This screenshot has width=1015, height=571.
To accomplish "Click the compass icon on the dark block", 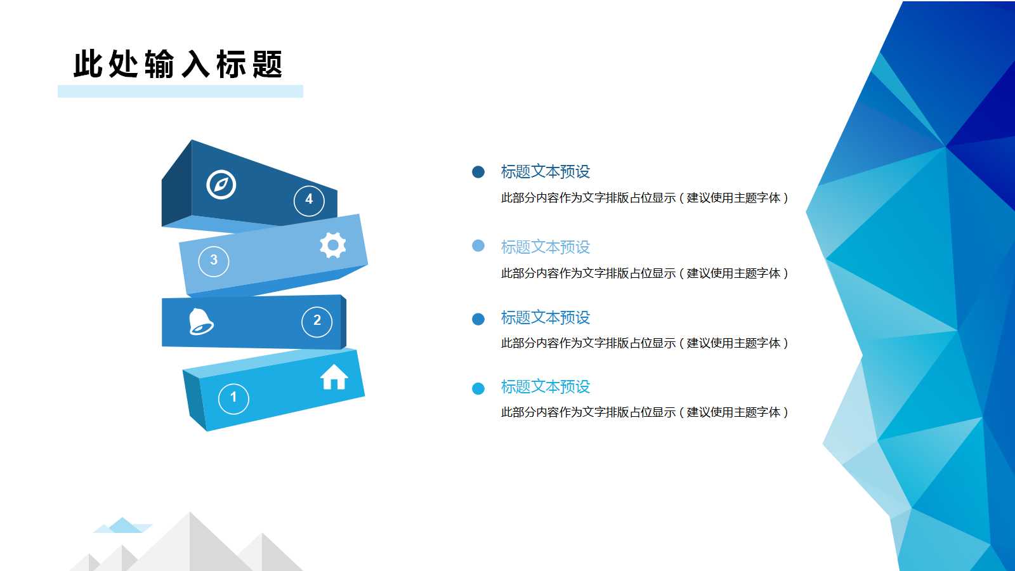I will pyautogui.click(x=221, y=185).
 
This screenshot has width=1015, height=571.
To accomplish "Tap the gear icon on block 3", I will pyautogui.click(x=332, y=245).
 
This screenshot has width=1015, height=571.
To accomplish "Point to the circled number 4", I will pyautogui.click(x=309, y=200).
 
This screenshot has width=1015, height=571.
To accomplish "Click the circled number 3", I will pyautogui.click(x=214, y=261).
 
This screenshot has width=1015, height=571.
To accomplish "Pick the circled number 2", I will pyautogui.click(x=317, y=321).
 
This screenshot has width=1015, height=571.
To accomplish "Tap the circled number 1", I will pyautogui.click(x=233, y=398).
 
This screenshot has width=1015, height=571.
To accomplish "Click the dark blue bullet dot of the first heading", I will pyautogui.click(x=478, y=172).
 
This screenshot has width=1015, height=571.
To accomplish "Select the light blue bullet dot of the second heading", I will pyautogui.click(x=478, y=246).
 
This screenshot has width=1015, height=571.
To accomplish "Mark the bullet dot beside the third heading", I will pyautogui.click(x=478, y=318).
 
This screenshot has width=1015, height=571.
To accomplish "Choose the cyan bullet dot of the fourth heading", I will pyautogui.click(x=478, y=388).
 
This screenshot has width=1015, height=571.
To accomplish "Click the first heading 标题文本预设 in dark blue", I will pyautogui.click(x=545, y=172).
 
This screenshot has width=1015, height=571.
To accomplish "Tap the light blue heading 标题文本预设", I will pyautogui.click(x=545, y=247).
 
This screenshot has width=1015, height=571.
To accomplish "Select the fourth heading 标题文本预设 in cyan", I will pyautogui.click(x=545, y=386).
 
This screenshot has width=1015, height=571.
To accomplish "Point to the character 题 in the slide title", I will pyautogui.click(x=267, y=65).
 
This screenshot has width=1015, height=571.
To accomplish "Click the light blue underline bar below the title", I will pyautogui.click(x=180, y=91).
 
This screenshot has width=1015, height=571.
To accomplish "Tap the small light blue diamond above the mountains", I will pyautogui.click(x=124, y=526).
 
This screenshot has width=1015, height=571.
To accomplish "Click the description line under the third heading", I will pyautogui.click(x=644, y=343).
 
